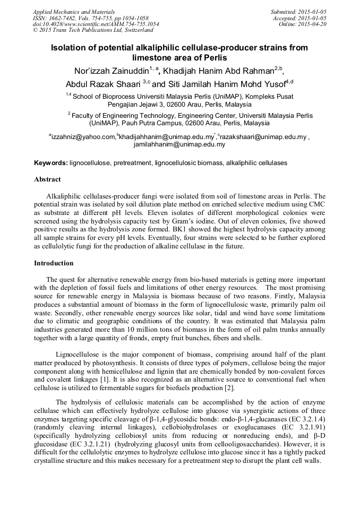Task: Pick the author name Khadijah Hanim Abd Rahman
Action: (219, 71)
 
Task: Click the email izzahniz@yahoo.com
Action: (83, 137)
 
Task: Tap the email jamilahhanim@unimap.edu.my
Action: (179, 144)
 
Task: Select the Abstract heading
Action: (47, 179)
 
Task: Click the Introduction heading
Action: (54, 263)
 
